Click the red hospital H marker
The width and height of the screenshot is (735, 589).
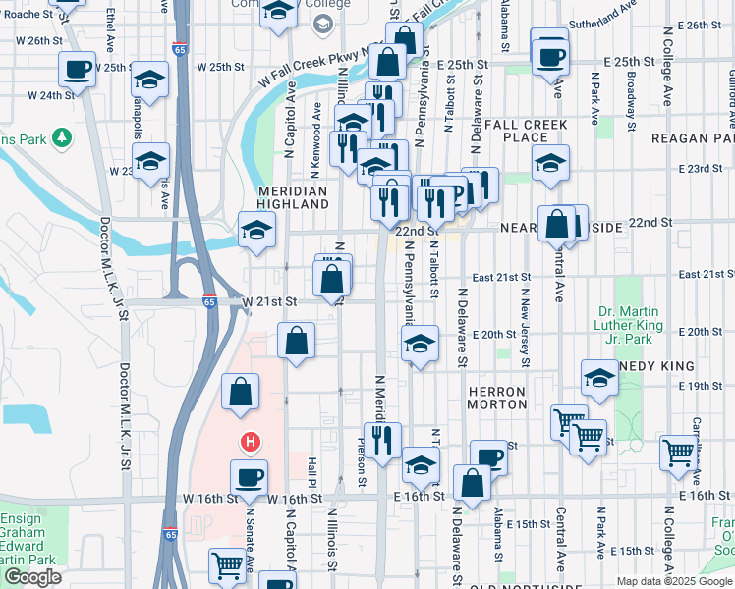click(x=251, y=443)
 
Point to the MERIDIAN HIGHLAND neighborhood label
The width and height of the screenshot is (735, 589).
click(x=293, y=197)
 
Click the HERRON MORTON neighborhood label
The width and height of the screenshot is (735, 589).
click(x=497, y=398)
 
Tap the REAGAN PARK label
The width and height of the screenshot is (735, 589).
click(x=686, y=138)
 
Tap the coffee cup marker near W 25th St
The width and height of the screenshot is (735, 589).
click(x=76, y=70)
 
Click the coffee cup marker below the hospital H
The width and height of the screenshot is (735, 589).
click(x=249, y=477)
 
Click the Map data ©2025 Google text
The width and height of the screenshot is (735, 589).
click(x=673, y=581)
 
